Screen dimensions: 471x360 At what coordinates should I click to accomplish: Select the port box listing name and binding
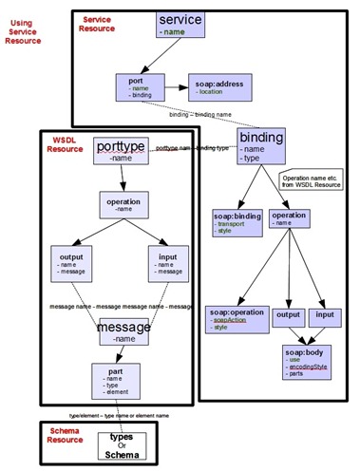tap(140, 88)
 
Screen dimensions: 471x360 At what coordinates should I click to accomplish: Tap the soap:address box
tap(219, 89)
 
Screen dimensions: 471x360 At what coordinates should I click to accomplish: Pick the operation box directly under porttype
tap(123, 206)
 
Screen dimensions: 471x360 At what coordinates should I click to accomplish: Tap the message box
tap(123, 330)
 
